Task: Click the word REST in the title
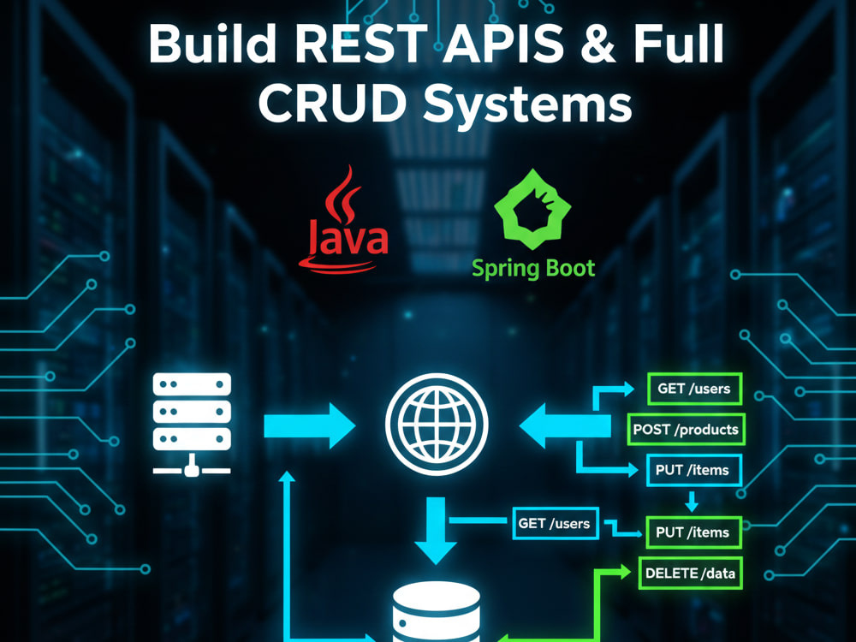(x=363, y=45)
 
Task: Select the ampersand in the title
(x=597, y=45)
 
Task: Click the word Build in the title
(x=211, y=45)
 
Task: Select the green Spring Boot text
(x=532, y=269)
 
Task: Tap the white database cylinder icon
(x=437, y=611)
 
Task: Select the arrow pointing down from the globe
(x=436, y=530)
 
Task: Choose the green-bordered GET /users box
(x=694, y=389)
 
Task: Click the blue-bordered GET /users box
(x=555, y=524)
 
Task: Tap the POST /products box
(x=686, y=430)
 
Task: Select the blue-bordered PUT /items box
(x=694, y=470)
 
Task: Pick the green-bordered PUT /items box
(x=694, y=532)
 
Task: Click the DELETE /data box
(x=691, y=574)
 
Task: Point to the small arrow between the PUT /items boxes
(x=692, y=501)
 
